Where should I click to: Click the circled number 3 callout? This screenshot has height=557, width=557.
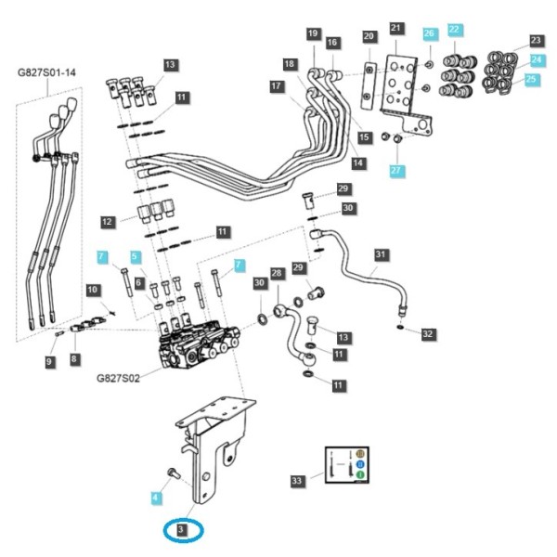[181, 530]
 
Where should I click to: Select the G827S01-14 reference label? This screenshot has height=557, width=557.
[46, 72]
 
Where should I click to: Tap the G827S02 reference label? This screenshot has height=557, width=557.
[118, 378]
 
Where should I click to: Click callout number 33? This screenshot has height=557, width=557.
[297, 481]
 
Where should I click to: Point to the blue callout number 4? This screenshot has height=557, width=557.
[155, 498]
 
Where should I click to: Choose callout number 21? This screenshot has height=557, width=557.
[395, 28]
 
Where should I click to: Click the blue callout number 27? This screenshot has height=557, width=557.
[395, 171]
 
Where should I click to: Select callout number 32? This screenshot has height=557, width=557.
[428, 333]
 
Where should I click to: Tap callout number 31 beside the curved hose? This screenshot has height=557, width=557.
[381, 254]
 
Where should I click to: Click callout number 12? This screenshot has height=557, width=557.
[107, 222]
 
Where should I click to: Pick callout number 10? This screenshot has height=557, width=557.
[92, 290]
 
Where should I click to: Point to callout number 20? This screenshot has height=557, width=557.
[369, 36]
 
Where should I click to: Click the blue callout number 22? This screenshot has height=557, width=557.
[454, 29]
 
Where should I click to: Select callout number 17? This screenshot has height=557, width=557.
[276, 86]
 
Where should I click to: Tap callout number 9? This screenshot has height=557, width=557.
[49, 362]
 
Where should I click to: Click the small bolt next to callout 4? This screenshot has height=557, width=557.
[174, 473]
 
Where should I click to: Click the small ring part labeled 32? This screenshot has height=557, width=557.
[400, 327]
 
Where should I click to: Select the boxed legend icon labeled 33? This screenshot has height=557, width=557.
[347, 465]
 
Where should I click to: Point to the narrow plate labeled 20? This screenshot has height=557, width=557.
[369, 85]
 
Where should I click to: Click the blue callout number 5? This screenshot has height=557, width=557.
[135, 256]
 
